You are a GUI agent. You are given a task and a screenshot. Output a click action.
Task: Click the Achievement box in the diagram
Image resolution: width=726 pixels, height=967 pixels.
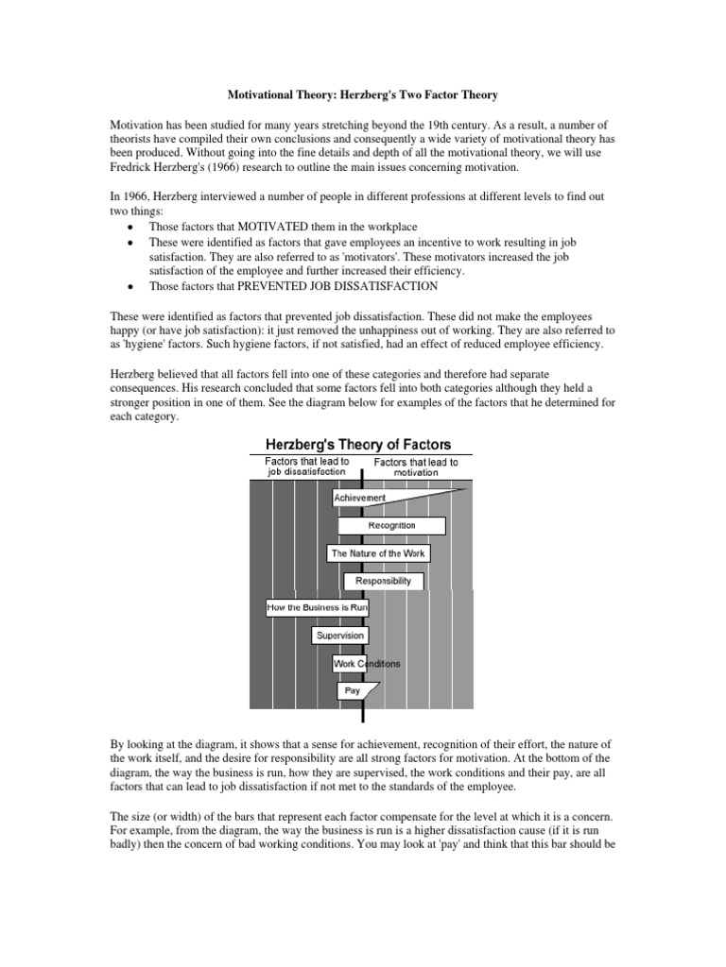point(359,498)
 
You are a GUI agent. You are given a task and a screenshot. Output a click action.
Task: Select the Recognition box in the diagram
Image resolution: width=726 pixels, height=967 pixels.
point(377,525)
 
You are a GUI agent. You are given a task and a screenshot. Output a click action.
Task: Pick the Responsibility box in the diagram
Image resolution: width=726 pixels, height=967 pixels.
point(383,581)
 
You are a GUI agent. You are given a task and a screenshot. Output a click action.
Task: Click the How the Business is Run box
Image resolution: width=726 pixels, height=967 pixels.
point(317,608)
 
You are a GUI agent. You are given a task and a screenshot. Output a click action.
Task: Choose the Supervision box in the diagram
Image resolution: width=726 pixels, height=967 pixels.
point(339,636)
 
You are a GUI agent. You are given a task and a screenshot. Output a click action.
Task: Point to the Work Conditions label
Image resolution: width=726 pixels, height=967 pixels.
point(367,663)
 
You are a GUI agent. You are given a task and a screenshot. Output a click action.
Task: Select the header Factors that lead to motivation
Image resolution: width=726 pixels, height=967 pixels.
point(416,467)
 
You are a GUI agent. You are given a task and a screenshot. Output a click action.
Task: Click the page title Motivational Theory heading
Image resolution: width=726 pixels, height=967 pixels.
point(362,95)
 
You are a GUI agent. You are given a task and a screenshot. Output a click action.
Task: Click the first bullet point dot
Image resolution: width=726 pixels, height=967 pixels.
point(129,228)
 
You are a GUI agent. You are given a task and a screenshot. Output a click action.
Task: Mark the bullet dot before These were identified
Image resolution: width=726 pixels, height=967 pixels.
point(129,243)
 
